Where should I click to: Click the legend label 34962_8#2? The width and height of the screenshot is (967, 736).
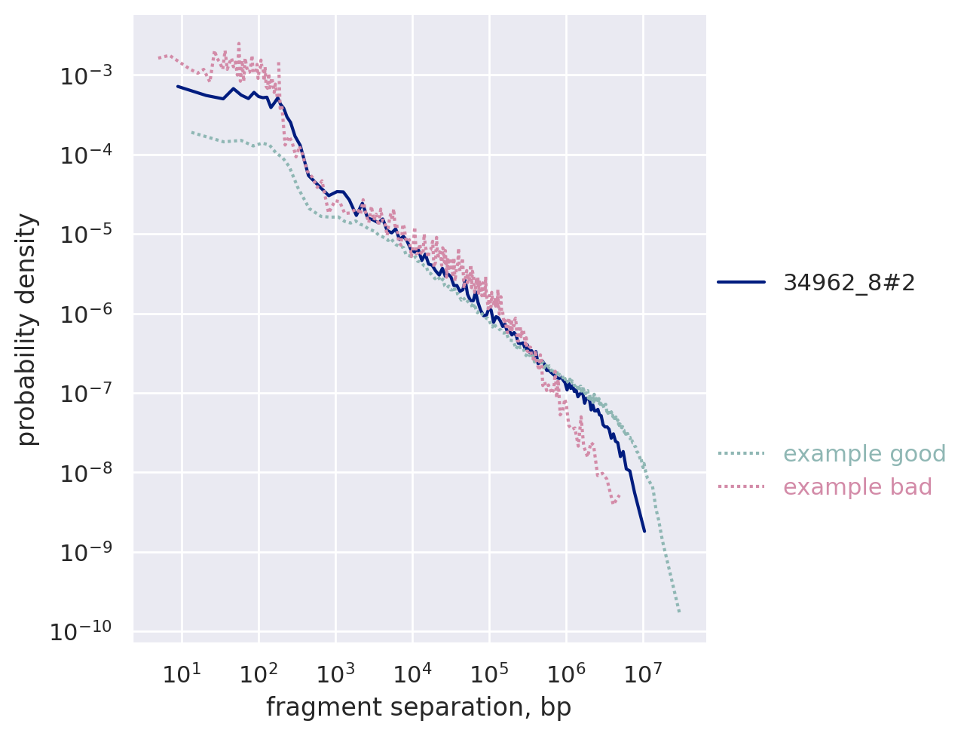849,282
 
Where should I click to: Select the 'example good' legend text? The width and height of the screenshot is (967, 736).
864,454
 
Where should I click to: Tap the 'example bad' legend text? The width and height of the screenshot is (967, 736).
857,487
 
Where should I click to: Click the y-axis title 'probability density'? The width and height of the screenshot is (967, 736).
27,329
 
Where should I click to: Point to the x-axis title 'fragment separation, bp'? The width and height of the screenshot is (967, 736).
418,707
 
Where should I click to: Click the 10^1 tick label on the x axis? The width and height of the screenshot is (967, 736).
181,672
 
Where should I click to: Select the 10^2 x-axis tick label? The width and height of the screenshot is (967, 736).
258,672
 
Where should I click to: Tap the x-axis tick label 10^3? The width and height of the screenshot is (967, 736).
335,672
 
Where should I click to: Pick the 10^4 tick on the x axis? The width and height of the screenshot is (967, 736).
412,672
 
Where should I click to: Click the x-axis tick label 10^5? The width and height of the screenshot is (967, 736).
489,672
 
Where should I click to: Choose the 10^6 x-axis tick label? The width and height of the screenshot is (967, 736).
566,672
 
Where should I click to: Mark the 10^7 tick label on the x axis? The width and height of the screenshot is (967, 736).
643,672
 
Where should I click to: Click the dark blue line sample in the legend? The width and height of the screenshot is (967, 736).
741,282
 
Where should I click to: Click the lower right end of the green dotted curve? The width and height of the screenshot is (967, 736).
679,612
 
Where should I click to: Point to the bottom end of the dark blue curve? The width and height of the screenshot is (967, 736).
644,531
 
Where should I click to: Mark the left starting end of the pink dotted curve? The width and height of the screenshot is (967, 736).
158,57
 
